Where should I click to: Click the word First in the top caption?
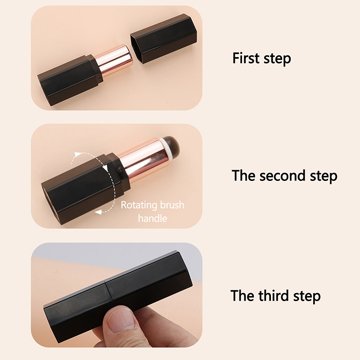[246, 58]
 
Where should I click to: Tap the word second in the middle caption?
[283, 176]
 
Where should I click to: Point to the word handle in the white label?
[153, 218]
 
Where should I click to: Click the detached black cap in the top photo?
[164, 38]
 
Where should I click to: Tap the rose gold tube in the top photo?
[114, 61]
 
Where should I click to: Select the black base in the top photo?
[70, 81]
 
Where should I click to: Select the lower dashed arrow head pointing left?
[98, 212]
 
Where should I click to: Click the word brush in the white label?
[172, 205]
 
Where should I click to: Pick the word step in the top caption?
[277, 59]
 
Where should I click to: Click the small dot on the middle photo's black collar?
[119, 170]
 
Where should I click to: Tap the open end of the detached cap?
[137, 49]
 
